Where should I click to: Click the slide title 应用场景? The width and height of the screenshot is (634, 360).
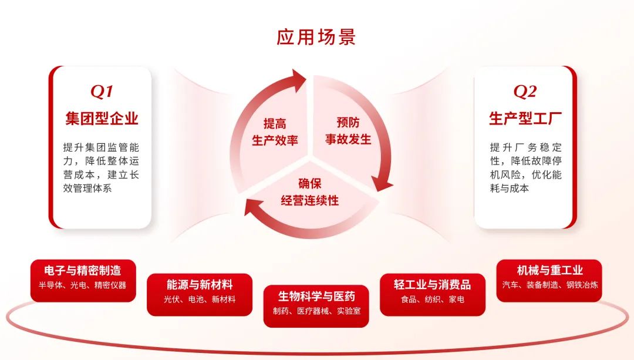(316, 36)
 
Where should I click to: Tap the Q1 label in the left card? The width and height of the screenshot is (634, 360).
(102, 92)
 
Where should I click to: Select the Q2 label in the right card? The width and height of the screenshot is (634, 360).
(525, 92)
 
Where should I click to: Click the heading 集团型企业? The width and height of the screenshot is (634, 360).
(102, 119)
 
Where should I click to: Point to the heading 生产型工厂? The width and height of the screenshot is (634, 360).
(525, 119)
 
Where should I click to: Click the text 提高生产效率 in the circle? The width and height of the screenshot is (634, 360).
(275, 132)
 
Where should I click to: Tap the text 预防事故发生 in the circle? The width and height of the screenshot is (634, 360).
(348, 131)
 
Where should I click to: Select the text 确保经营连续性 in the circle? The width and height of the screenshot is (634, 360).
(310, 191)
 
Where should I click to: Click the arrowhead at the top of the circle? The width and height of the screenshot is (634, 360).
(298, 80)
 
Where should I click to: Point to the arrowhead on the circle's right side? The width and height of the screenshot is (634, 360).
(382, 185)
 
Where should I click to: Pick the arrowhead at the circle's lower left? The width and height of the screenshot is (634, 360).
(252, 206)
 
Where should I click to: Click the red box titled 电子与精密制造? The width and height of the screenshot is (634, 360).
(83, 280)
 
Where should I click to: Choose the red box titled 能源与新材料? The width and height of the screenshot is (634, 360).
(200, 294)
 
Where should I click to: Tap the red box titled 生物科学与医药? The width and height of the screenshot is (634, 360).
(316, 306)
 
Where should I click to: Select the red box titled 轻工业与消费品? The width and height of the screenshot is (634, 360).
(432, 294)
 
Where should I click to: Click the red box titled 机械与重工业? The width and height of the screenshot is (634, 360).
(549, 280)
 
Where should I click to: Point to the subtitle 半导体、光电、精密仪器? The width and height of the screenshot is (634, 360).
(83, 285)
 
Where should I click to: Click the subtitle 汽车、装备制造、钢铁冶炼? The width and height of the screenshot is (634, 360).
(550, 285)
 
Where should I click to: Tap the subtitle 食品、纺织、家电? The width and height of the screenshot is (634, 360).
(432, 300)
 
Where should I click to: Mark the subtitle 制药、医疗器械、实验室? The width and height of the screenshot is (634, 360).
(316, 311)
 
